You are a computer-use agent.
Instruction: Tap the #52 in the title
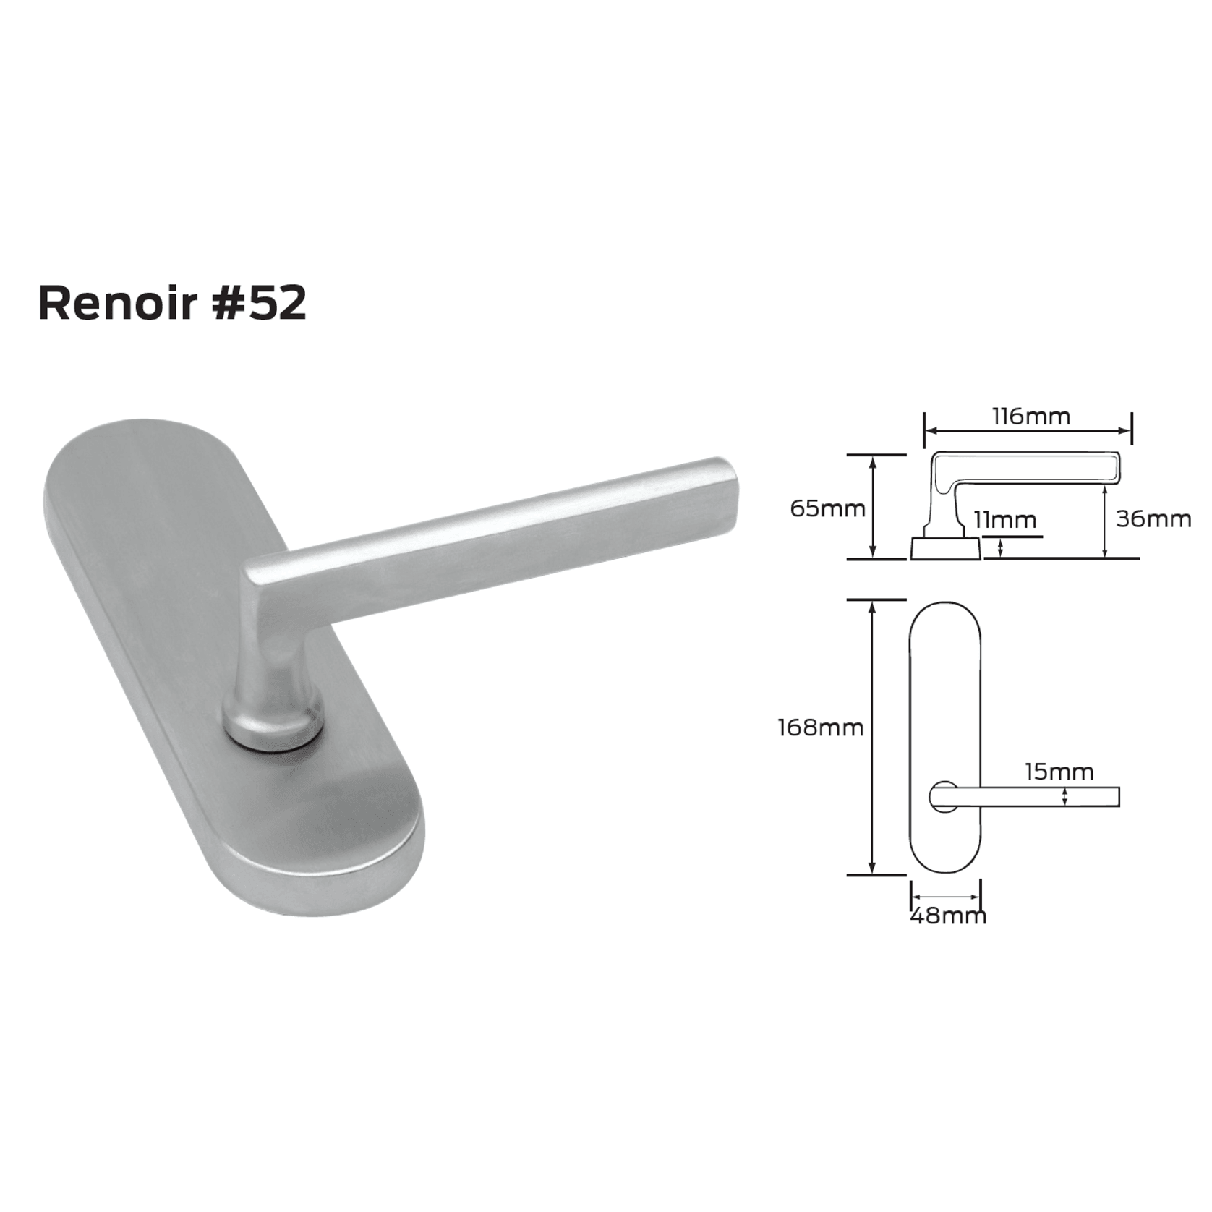tap(260, 303)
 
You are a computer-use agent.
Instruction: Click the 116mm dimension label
tap(1030, 417)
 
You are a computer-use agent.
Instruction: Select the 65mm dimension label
tap(827, 508)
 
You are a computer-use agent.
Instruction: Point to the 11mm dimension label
tap(1004, 520)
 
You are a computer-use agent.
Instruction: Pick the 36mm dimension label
tap(1153, 518)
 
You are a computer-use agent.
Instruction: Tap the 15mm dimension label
tap(1059, 772)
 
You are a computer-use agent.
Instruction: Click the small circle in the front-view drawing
tap(943, 796)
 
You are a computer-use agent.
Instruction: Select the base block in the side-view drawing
tap(945, 548)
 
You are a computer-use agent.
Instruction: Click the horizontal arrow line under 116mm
tap(1028, 431)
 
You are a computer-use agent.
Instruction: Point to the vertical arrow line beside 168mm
tap(873, 737)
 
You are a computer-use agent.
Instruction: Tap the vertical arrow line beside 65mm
tap(873, 507)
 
